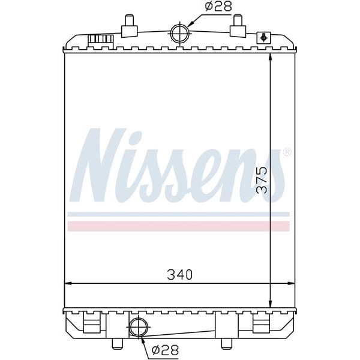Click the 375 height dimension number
point(261,179)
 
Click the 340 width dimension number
point(179,275)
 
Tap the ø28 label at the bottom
point(164,349)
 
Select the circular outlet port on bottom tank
point(137,327)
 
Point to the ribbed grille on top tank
point(101,39)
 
